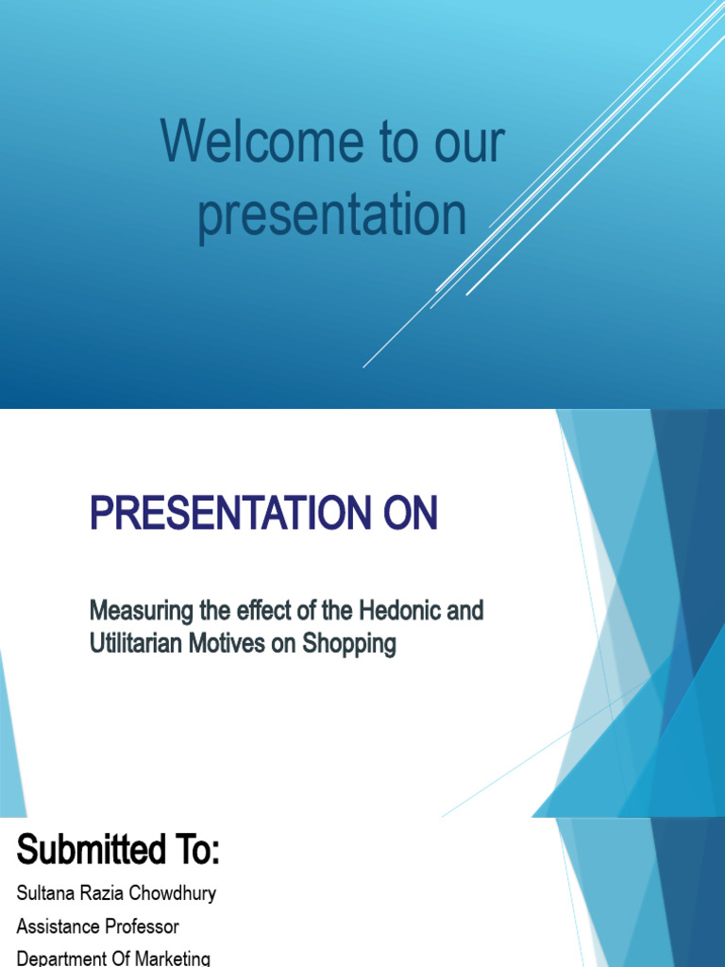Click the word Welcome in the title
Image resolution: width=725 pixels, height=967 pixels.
point(262,144)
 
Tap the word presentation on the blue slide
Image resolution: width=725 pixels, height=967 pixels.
point(332,215)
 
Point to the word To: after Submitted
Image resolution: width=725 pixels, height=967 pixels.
point(194,852)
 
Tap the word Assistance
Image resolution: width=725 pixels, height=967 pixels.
point(58,926)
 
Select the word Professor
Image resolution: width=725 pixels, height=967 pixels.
point(142,926)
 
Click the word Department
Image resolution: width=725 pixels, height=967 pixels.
point(59,959)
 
